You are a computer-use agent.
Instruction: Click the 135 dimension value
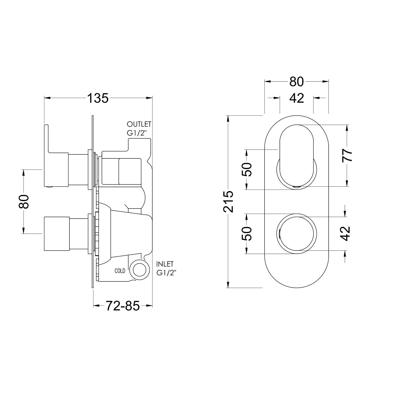point(98,98)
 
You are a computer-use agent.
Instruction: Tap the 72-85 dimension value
point(123,306)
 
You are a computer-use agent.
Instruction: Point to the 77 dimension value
point(347,155)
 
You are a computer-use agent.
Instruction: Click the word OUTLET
point(139,124)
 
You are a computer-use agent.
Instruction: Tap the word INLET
point(165,264)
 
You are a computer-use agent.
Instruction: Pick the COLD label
point(120,271)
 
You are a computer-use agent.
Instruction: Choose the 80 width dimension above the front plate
point(297,82)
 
